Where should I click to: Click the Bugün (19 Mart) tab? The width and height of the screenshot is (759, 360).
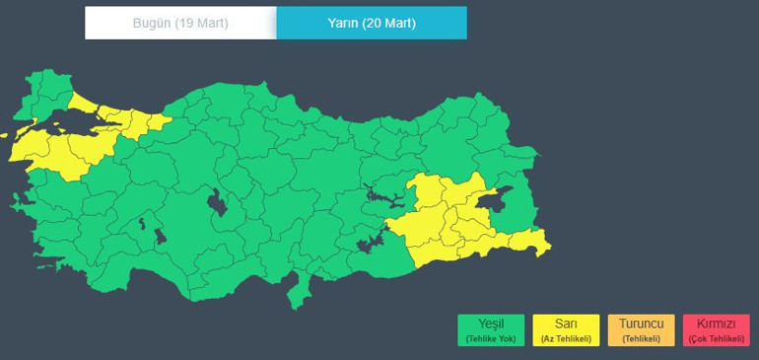[x=180, y=23]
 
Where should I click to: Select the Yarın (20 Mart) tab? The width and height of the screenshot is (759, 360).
[x=372, y=23]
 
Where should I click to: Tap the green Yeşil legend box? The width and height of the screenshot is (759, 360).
[x=491, y=329]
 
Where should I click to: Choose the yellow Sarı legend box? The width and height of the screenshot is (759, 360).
[x=566, y=329]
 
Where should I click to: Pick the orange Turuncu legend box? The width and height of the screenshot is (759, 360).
[x=641, y=329]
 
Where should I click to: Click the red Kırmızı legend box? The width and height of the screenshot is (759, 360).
[x=716, y=329]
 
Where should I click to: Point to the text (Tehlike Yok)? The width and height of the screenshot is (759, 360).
[x=491, y=338]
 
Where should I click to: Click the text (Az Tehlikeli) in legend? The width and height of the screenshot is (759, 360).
[x=566, y=338]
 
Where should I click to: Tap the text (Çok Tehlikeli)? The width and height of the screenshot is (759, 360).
[x=716, y=338]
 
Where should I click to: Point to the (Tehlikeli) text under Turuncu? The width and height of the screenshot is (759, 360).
[x=641, y=338]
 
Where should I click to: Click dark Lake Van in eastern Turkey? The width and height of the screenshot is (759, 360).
[x=501, y=198]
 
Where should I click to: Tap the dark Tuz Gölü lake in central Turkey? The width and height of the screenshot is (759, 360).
[x=216, y=204]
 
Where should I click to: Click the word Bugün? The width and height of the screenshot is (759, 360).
[x=153, y=23]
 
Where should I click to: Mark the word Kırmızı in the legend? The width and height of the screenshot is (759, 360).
[x=716, y=324]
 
